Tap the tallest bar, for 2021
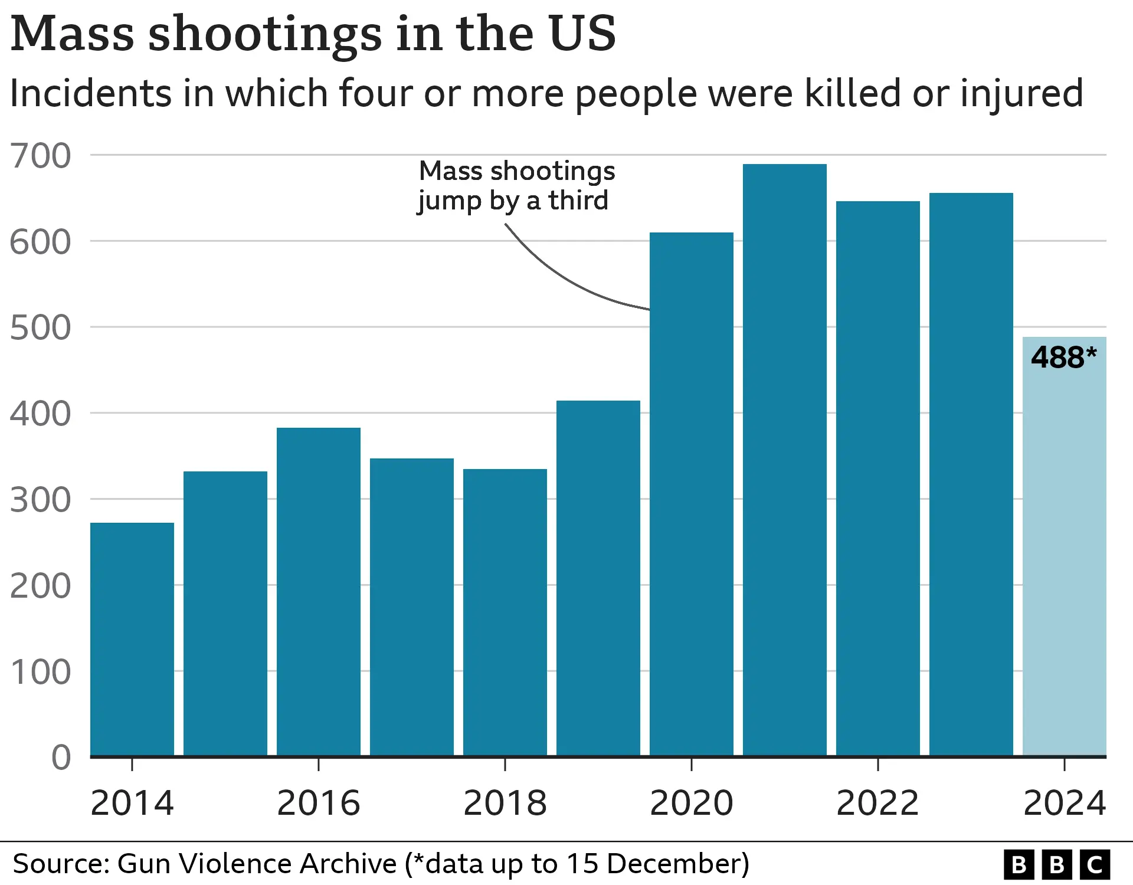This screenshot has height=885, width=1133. [785, 460]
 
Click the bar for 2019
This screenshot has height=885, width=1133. [598, 578]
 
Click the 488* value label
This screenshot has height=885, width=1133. [1063, 358]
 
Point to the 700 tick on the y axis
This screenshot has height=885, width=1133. [40, 156]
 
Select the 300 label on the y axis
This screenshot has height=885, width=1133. [40, 500]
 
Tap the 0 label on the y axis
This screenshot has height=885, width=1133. [61, 758]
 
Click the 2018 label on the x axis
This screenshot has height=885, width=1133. [505, 803]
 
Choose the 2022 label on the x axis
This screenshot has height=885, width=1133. [878, 803]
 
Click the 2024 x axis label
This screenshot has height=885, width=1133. [1065, 803]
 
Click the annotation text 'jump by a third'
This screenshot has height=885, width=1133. [513, 201]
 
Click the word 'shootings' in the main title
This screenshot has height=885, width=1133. [265, 34]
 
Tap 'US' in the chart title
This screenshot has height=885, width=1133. [582, 34]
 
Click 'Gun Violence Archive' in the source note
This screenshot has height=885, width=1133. [257, 864]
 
